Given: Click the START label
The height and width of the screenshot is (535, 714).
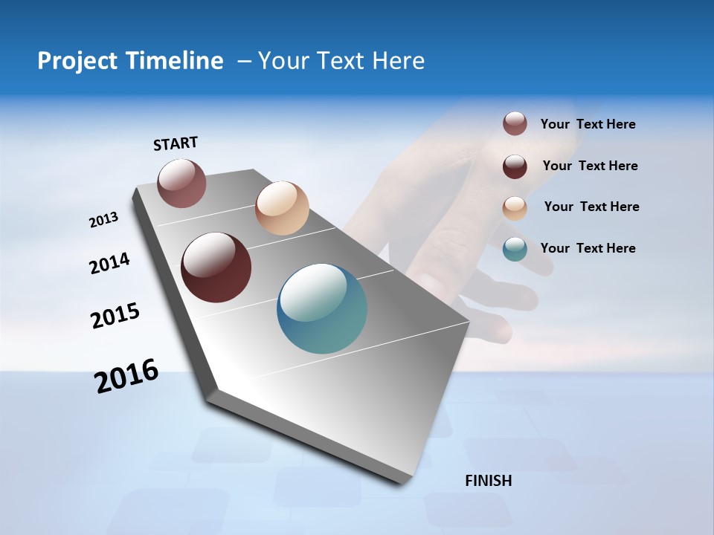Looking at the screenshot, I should pos(176,143).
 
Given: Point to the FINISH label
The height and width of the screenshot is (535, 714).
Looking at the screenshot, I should pos(489,481).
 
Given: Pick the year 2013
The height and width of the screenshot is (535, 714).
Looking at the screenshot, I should pos(104,220).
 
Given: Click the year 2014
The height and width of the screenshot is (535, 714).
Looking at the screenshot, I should pos(110,264).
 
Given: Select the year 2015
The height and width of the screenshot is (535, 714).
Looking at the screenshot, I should pos(115,316).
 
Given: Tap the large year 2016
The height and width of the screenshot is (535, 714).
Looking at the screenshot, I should pos(126,376).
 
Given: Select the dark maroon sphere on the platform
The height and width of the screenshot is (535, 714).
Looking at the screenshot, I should pos(216,267).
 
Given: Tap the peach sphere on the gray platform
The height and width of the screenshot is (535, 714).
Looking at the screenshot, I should pos(282,208).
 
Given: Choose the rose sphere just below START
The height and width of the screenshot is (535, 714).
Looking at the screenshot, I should pos(181,183).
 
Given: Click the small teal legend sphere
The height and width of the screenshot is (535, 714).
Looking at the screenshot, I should pos(515,249).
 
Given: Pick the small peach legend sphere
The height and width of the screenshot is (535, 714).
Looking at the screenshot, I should pos(515,208).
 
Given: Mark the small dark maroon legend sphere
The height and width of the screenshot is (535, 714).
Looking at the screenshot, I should pos(515,166).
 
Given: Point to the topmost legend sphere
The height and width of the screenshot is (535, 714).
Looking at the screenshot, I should pos(515,123).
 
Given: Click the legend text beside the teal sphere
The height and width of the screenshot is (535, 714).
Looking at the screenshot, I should pos(588,248).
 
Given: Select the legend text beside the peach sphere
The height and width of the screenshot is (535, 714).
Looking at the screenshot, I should pos(591,207).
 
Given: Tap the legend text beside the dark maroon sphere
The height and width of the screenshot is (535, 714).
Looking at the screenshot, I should pos(590,166).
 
